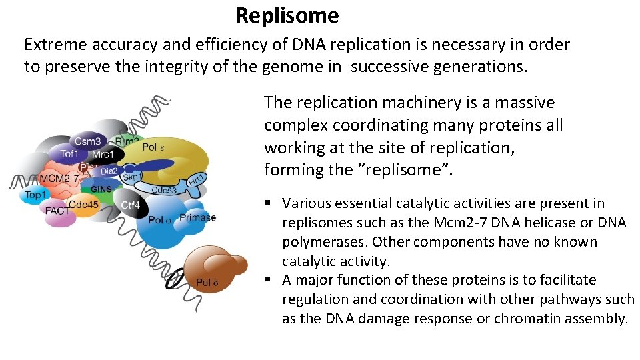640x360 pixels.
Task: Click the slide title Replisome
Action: (287, 15)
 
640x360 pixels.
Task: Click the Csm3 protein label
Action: (88, 141)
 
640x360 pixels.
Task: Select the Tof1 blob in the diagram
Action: (70, 153)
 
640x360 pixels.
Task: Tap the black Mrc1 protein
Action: (103, 154)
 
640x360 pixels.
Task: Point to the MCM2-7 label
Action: (59, 179)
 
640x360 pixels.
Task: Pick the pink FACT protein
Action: (58, 211)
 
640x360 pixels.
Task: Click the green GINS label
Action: (101, 189)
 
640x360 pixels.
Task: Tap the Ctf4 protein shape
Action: (131, 205)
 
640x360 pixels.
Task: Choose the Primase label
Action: (197, 217)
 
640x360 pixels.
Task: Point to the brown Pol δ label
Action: (207, 283)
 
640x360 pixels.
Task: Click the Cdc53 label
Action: (163, 189)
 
